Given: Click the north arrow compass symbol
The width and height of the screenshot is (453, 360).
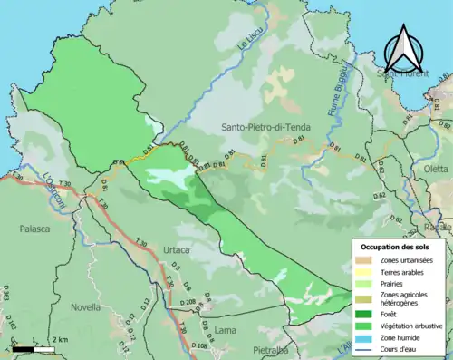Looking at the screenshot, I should (x=404, y=51).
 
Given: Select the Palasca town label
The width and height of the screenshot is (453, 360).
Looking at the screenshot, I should (x=34, y=230).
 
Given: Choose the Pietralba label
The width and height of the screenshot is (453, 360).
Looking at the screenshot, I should (x=271, y=348).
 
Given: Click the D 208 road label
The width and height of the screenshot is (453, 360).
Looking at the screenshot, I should (x=188, y=302).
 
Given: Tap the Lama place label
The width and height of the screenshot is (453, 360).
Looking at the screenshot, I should (x=225, y=330).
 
